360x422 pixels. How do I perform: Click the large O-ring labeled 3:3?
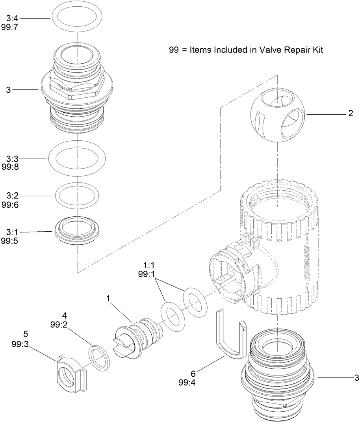click(x=77, y=158)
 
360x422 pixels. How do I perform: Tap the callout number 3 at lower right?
click(x=356, y=378)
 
